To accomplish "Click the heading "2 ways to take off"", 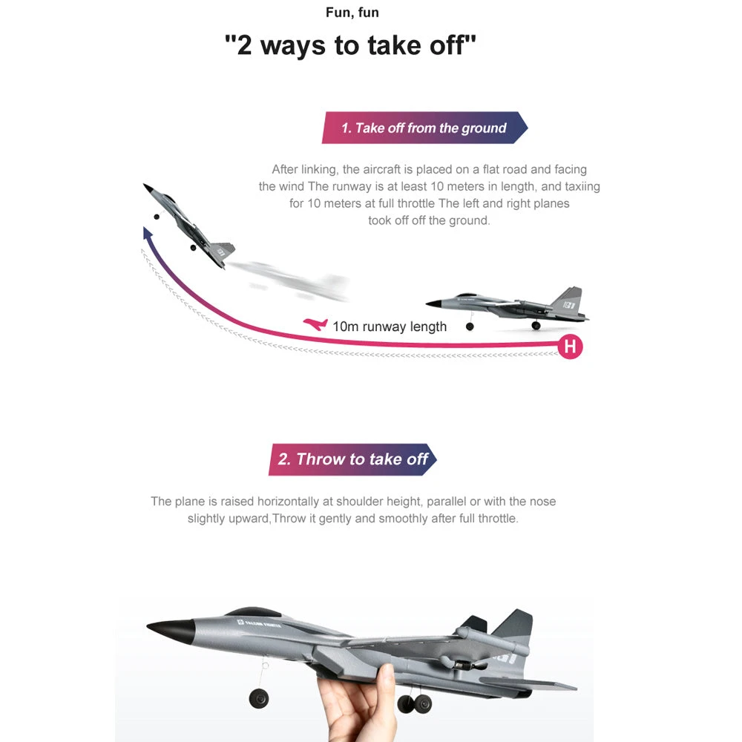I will [350, 46].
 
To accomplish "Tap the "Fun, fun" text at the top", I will [352, 13].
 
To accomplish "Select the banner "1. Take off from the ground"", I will [424, 128].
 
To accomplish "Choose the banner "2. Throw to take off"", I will [352, 459].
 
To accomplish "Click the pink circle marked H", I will [570, 346].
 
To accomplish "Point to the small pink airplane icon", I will [315, 325].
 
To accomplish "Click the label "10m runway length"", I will [390, 326].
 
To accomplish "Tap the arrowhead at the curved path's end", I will [148, 234].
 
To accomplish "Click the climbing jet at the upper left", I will [188, 224].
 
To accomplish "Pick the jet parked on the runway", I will [512, 306].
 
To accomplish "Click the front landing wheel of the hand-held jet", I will [259, 697].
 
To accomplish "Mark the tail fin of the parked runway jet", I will [567, 299].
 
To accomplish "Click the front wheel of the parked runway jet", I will [470, 326].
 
